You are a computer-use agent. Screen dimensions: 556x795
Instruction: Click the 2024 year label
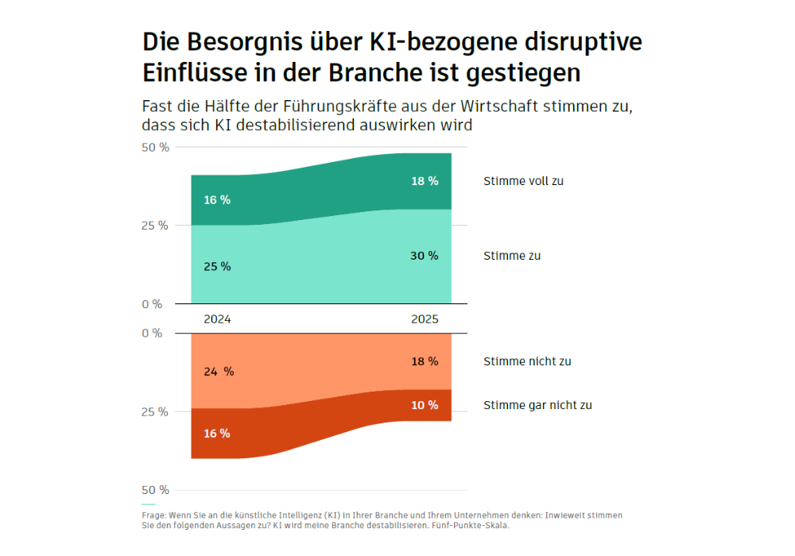pyautogui.click(x=217, y=319)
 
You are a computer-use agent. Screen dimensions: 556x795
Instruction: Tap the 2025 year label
pyautogui.click(x=425, y=319)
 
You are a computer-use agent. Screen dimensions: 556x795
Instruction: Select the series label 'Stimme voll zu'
pyautogui.click(x=523, y=181)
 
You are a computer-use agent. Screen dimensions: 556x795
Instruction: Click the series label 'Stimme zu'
pyautogui.click(x=512, y=256)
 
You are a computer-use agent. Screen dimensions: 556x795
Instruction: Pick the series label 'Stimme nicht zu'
pyautogui.click(x=527, y=361)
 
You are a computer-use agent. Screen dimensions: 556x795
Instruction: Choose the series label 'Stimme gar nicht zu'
pyautogui.click(x=537, y=405)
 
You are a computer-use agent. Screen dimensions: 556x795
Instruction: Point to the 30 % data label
pyautogui.click(x=425, y=256)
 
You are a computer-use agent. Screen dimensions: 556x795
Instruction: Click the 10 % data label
pyautogui.click(x=425, y=405)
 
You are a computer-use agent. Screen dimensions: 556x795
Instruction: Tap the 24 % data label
pyautogui.click(x=218, y=372)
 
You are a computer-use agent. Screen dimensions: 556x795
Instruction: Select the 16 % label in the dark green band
pyautogui.click(x=217, y=200)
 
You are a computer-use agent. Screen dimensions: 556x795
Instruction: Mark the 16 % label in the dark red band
pyautogui.click(x=217, y=434)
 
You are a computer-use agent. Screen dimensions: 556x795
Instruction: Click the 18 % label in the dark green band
pyautogui.click(x=425, y=181)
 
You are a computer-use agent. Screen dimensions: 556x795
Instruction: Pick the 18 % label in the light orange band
pyautogui.click(x=425, y=361)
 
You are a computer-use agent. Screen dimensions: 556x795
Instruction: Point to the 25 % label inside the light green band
pyautogui.click(x=217, y=267)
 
